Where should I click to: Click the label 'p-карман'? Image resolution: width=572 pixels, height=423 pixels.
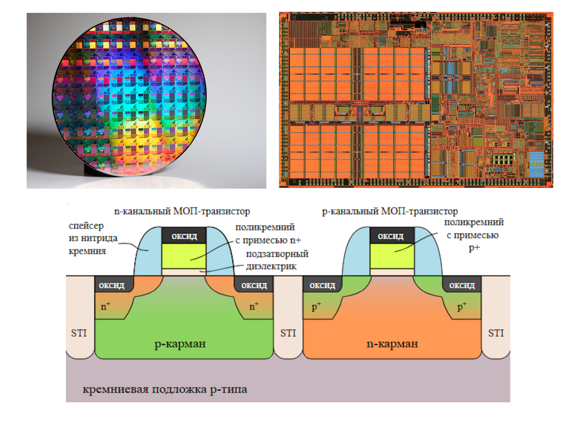coord(180,344)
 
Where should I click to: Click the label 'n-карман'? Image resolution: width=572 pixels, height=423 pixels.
coord(392,344)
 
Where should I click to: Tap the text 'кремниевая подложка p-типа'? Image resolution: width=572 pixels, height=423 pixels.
coord(165,390)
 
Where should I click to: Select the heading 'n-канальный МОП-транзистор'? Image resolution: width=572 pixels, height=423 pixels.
coord(182,212)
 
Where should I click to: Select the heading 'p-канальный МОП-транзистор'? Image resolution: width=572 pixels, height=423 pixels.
coord(389,212)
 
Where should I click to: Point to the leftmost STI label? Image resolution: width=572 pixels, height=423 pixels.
coord(79,333)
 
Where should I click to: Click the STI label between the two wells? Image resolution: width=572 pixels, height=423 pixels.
coord(288,333)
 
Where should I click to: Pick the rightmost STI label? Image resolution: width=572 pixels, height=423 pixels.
coord(496,333)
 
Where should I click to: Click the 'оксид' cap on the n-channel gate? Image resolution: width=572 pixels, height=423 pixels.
coord(184,235)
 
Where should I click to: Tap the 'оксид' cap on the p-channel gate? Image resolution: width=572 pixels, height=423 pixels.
coord(392,235)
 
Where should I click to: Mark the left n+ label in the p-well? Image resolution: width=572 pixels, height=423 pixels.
coord(106,306)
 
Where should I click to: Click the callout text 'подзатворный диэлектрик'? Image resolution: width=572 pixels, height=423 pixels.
coord(277,260)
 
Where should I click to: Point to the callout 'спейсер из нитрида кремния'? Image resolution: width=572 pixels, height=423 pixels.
coord(93,238)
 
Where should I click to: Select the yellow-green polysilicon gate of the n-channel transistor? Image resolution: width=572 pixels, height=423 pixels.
coord(184,256)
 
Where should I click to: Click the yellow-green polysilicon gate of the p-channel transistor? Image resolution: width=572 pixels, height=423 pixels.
coord(392,256)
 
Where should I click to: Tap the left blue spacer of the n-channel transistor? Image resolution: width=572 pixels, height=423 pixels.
coord(148,251)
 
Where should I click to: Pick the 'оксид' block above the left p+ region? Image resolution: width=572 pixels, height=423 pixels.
coord(322,285)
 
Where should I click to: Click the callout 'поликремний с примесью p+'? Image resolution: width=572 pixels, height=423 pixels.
coord(474,235)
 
